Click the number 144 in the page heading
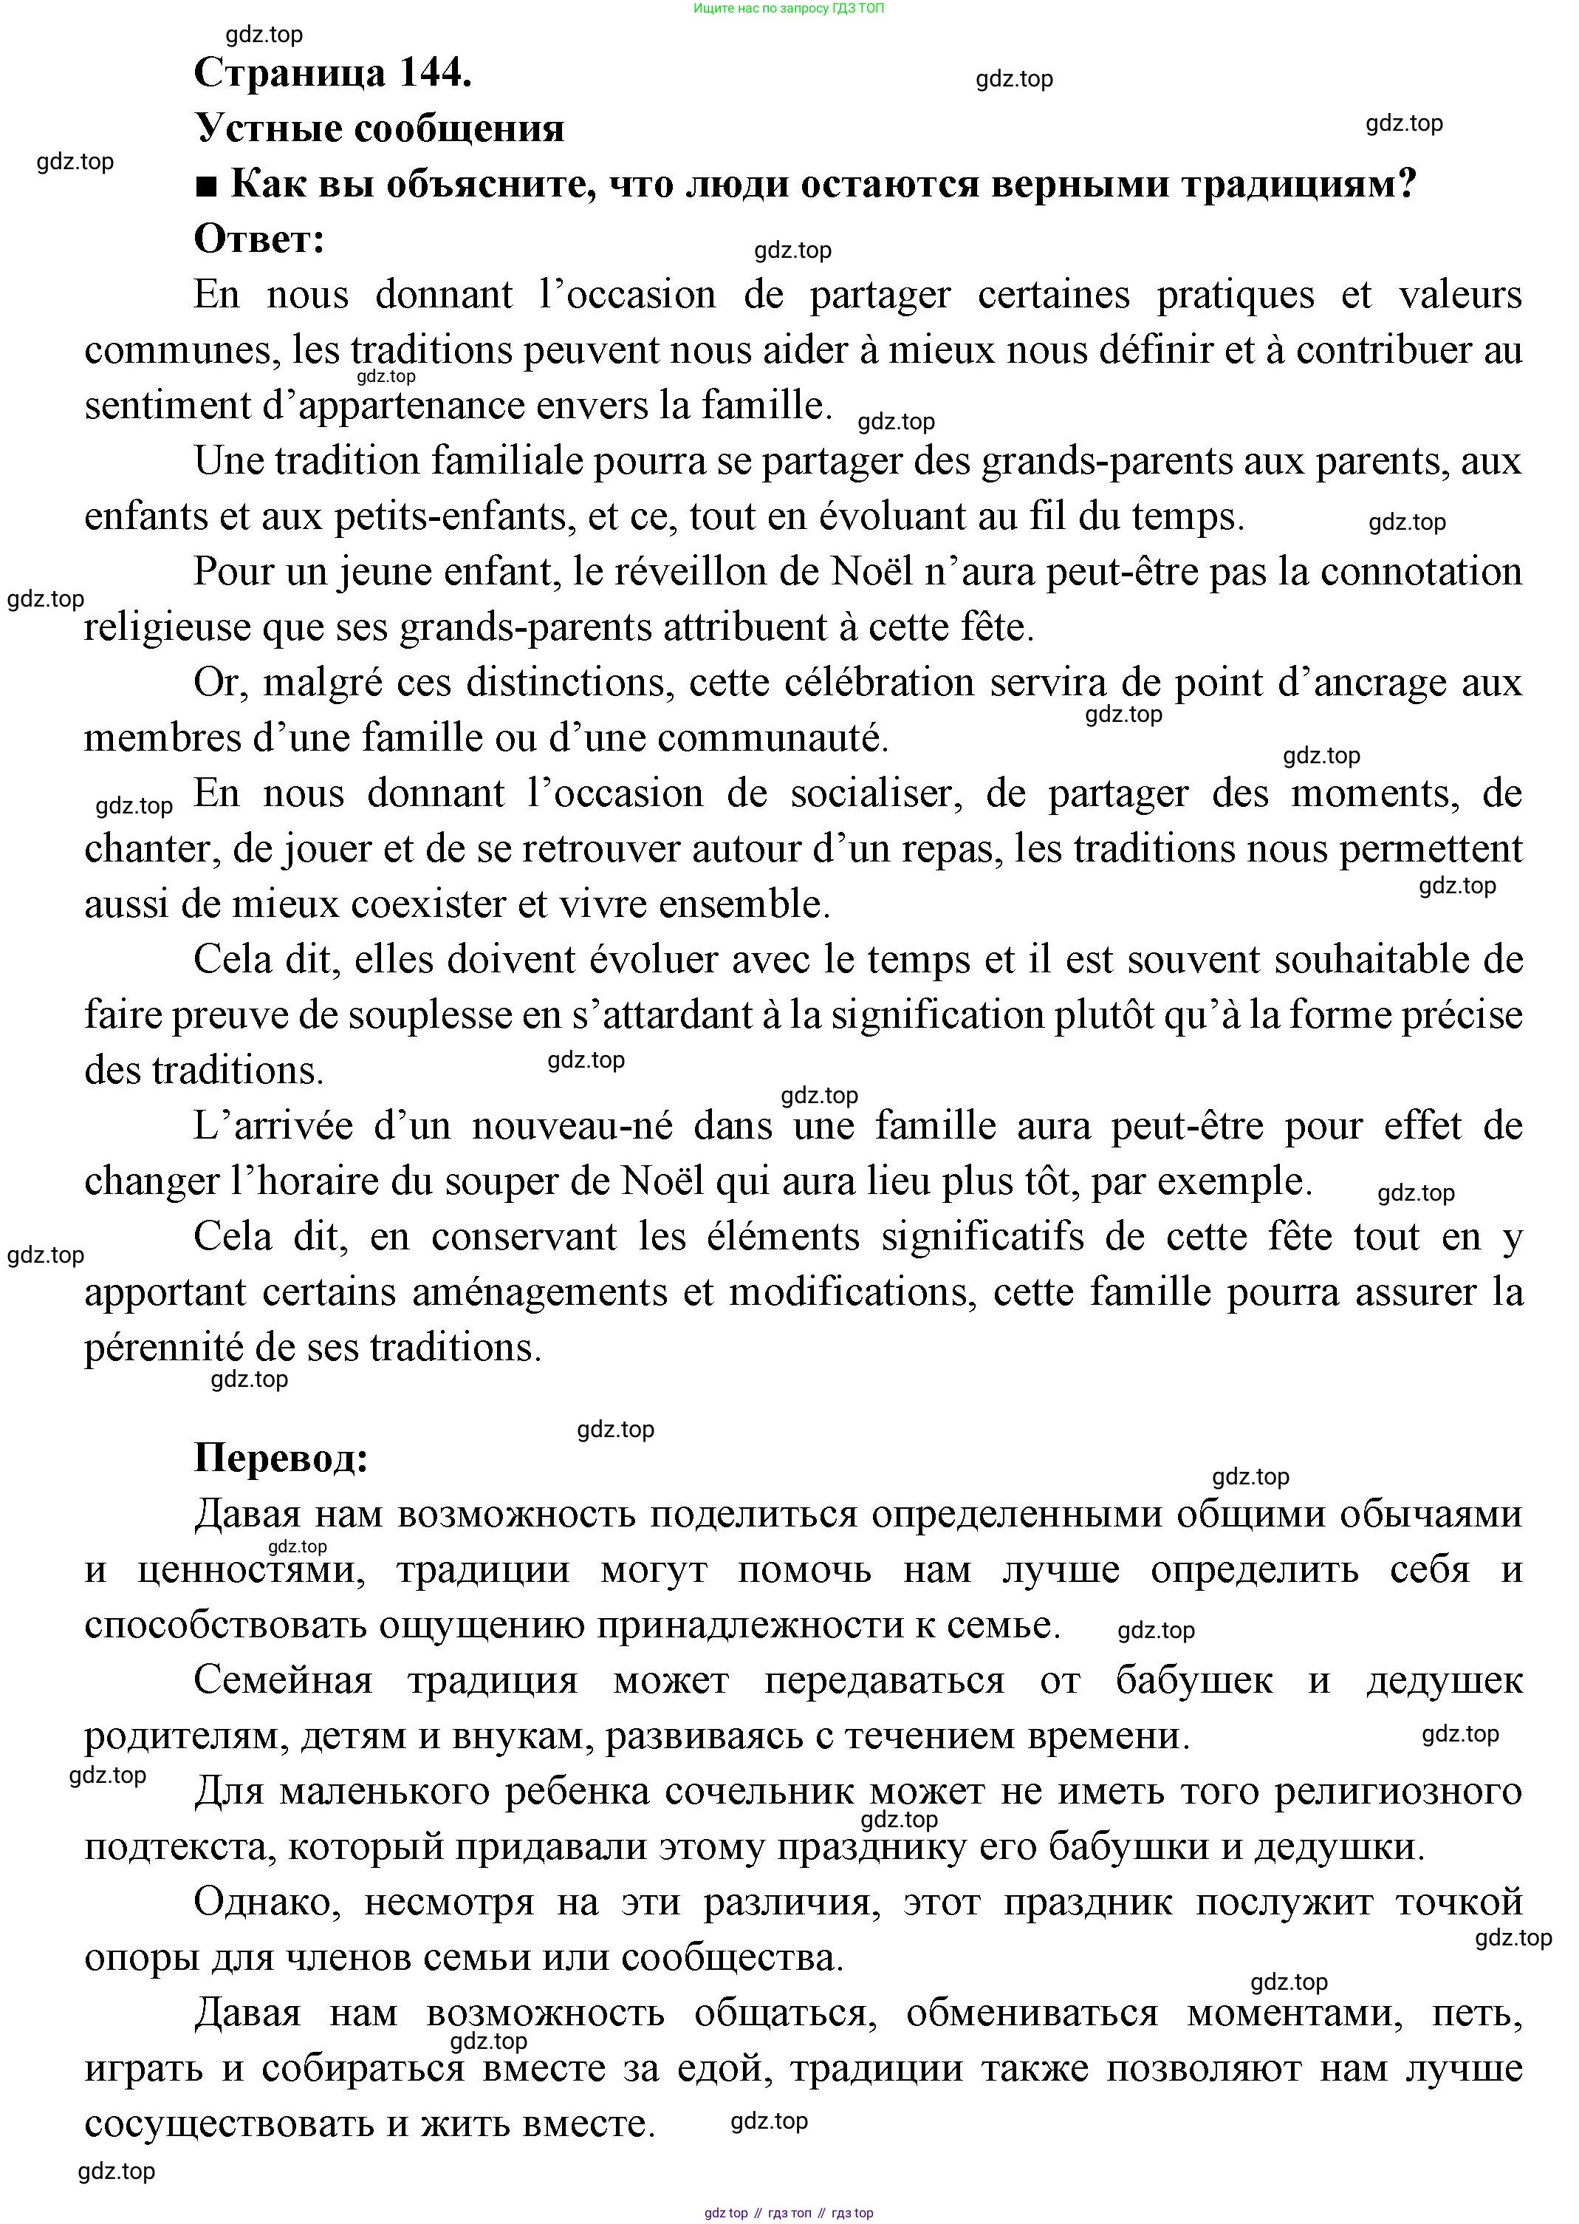coord(433,73)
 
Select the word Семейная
coord(283,1680)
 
